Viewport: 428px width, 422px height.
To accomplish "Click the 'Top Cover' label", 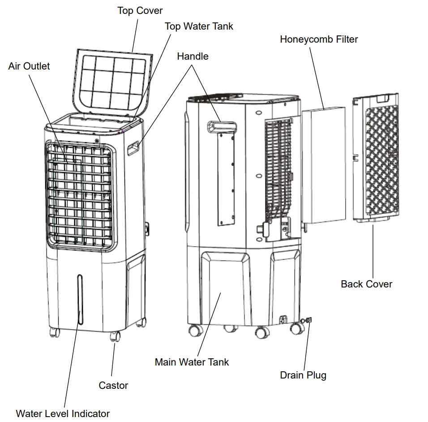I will click(x=140, y=10).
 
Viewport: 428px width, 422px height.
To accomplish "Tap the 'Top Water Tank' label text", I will click(x=199, y=26).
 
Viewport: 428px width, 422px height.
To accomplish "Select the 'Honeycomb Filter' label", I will click(x=319, y=39).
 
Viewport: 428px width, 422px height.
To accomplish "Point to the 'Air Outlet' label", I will click(x=29, y=66).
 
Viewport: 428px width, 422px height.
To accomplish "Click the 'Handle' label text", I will click(x=193, y=57).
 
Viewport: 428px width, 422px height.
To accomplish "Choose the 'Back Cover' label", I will click(x=366, y=284).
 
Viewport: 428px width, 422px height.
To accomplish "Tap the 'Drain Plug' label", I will click(x=303, y=375).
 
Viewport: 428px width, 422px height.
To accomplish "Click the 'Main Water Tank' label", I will click(x=192, y=362).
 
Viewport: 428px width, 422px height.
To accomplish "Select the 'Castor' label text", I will click(x=113, y=385).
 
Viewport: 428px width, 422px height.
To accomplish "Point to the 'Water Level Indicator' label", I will click(x=63, y=413).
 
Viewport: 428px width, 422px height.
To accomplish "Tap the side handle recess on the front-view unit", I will click(x=133, y=149).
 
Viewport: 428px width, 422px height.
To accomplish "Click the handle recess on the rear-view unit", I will click(x=220, y=126).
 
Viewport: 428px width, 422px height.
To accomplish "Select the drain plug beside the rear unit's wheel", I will click(x=308, y=320).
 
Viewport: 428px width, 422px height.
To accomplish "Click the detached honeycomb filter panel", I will click(x=324, y=166).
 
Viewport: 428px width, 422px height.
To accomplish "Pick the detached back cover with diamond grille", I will click(x=376, y=157).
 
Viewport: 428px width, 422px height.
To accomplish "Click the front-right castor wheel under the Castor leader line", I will click(x=115, y=336).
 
